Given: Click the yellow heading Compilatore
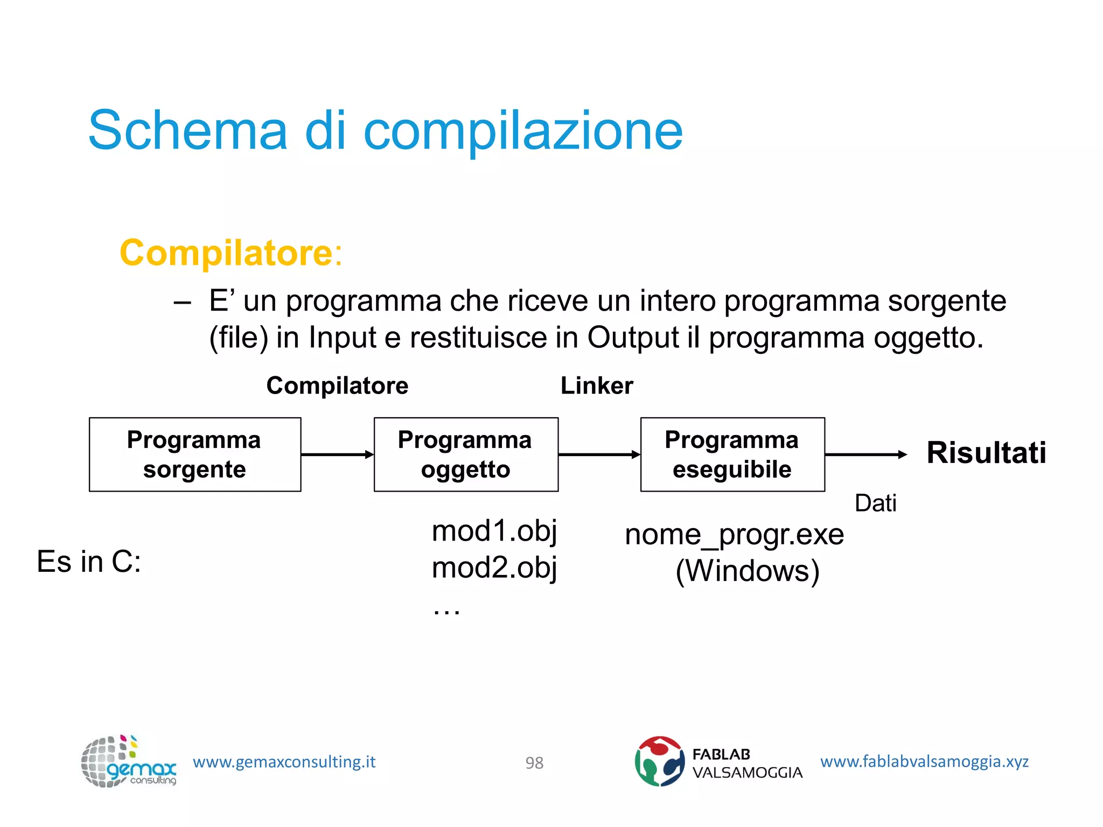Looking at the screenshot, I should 226,253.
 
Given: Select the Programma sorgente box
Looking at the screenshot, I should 194,454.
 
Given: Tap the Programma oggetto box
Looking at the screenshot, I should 465,454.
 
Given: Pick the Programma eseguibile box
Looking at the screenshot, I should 732,454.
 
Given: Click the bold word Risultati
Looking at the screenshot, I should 986,453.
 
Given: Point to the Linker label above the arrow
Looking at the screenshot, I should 597,386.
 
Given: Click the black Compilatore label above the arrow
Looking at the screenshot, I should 337,386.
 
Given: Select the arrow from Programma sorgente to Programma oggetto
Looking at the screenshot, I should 337,455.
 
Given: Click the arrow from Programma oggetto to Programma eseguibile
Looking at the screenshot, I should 599,455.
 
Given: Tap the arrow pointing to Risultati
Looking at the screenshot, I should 865,455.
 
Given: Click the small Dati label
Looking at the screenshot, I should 875,503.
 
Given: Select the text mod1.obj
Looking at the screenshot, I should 494,531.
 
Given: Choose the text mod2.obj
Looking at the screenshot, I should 494,568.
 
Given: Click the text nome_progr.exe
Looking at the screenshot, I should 734,535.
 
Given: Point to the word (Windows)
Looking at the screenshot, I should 747,571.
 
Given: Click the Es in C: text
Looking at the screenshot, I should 89,562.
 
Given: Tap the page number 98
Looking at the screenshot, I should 534,763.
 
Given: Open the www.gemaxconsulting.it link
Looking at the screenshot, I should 284,762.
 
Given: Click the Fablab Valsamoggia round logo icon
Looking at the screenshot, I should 659,761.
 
